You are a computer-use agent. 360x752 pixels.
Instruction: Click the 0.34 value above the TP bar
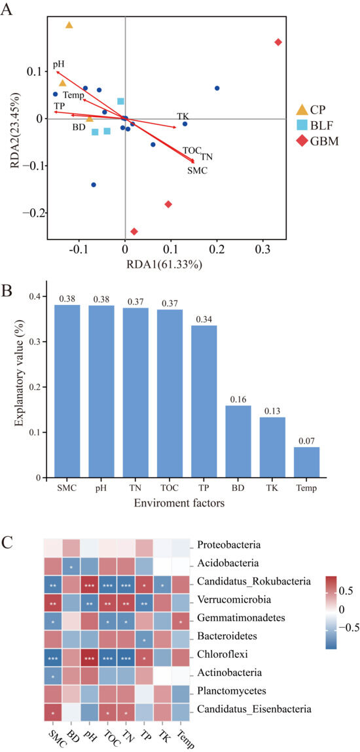click(204, 319)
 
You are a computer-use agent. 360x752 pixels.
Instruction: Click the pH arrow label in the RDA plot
click(59, 63)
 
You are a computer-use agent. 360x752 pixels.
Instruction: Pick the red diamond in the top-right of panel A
click(278, 42)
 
